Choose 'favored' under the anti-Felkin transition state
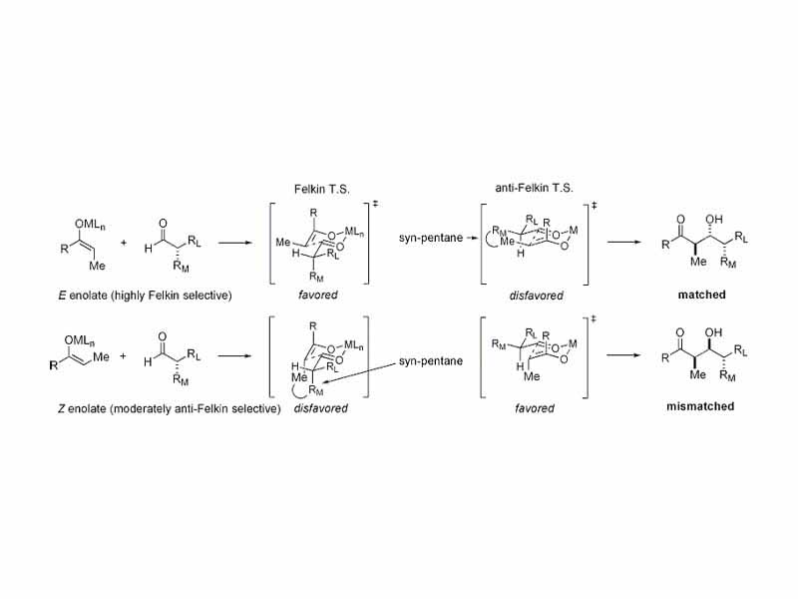[530, 408]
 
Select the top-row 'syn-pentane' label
[431, 240]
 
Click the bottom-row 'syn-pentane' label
[431, 359]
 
